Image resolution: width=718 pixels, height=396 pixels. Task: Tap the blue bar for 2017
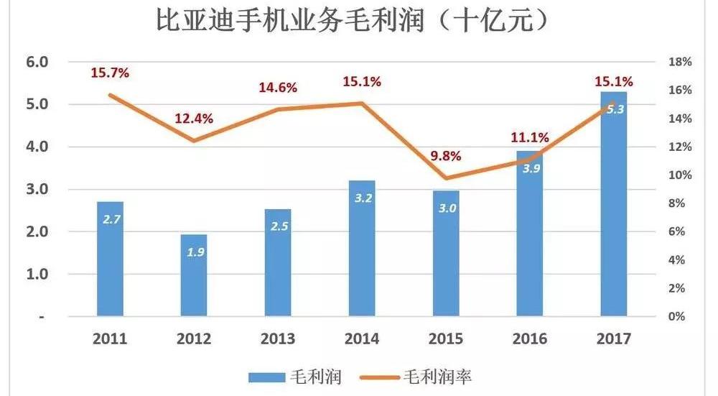[615, 204]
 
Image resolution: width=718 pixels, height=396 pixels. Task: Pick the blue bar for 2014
[362, 248]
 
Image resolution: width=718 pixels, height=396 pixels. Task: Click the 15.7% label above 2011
[109, 73]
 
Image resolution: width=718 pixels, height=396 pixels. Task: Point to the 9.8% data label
[446, 156]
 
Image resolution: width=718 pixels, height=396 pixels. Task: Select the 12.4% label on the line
[194, 119]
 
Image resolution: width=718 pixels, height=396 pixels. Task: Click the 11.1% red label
[531, 137]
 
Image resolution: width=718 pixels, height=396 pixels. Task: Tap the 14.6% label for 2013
[278, 88]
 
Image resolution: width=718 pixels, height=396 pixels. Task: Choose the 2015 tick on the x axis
[446, 339]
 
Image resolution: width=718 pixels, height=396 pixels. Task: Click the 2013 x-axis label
[278, 339]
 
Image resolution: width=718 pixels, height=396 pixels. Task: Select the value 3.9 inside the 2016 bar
[531, 168]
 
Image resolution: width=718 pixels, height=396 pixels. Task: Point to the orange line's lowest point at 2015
[446, 178]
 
